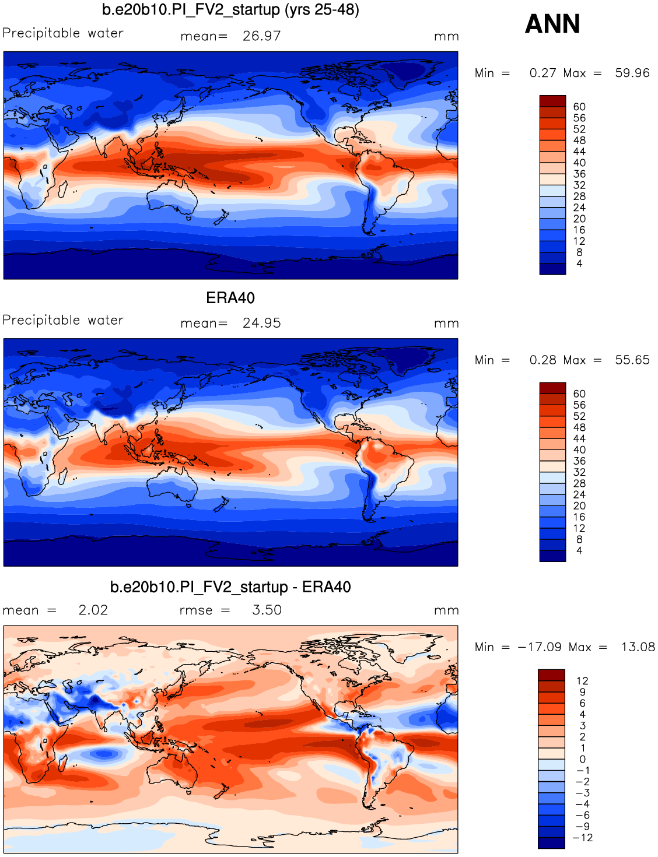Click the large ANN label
click(552, 24)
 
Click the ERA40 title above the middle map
click(230, 298)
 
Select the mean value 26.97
click(261, 36)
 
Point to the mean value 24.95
click(261, 323)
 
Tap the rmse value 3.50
click(267, 610)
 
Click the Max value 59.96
click(632, 73)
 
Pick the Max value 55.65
click(632, 360)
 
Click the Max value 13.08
click(638, 647)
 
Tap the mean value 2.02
click(93, 610)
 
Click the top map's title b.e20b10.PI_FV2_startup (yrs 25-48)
click(230, 10)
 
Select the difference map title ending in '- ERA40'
click(230, 587)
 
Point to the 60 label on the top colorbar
click(579, 107)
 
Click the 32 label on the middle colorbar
click(579, 472)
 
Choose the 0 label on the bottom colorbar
click(582, 759)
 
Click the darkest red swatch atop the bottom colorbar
click(551, 675)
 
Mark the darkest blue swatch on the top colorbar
click(552, 269)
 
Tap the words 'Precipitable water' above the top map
click(63, 33)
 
